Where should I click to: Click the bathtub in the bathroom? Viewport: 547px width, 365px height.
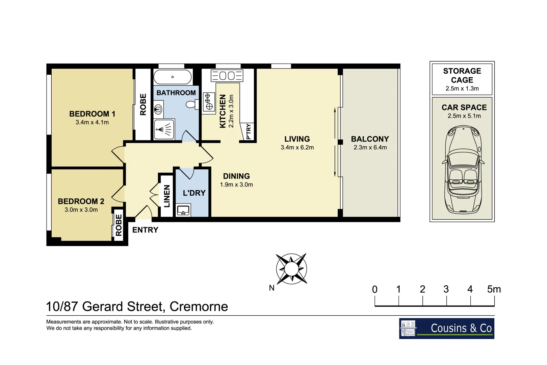[173, 77]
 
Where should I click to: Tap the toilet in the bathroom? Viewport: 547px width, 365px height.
[193, 104]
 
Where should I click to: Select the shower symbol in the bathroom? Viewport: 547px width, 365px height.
[164, 129]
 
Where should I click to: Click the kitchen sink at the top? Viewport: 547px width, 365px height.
[227, 75]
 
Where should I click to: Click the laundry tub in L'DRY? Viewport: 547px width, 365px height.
[183, 210]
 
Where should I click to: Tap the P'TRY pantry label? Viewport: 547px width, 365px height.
[249, 131]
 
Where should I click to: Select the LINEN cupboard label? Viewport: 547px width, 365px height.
[167, 196]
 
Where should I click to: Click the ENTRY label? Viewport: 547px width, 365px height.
[145, 230]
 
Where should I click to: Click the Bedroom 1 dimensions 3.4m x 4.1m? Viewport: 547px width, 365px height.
[92, 122]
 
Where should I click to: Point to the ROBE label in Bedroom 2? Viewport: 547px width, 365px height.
[119, 225]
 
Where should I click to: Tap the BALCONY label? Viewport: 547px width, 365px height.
[370, 139]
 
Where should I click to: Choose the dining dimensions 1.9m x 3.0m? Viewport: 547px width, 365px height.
[236, 185]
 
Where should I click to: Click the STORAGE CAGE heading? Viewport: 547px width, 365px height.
[462, 75]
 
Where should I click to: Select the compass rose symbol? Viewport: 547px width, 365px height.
[291, 269]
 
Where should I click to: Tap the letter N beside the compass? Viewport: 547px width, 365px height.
[271, 288]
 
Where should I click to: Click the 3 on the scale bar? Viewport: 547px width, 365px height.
[446, 289]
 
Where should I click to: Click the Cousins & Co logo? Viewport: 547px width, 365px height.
[446, 328]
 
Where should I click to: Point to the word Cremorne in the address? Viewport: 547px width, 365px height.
[199, 307]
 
